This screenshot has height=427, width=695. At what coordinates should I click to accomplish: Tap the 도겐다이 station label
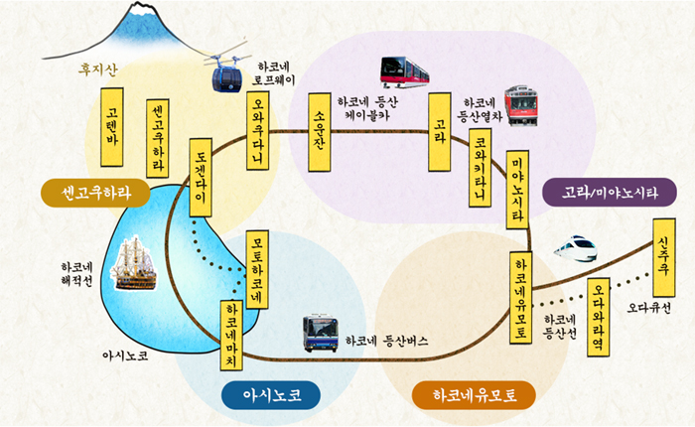(201, 178)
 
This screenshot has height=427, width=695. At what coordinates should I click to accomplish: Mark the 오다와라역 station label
(600, 318)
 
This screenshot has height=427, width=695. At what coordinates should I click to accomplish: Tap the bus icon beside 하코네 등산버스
(320, 333)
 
